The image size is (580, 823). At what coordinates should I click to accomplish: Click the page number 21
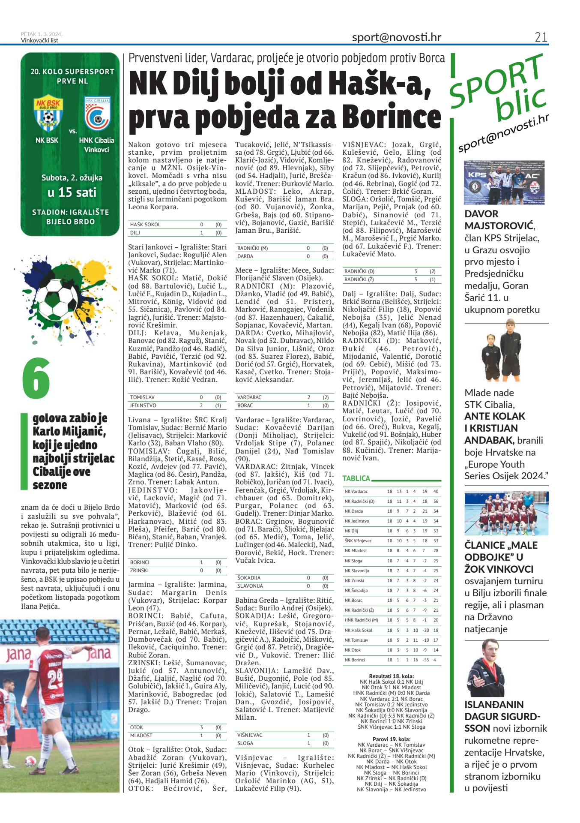click(541, 37)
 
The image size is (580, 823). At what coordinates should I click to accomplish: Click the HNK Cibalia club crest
click(97, 114)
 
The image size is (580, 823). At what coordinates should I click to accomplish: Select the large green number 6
click(36, 378)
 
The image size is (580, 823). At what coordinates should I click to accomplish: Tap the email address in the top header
click(396, 37)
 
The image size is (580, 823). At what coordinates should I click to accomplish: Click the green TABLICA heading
click(356, 478)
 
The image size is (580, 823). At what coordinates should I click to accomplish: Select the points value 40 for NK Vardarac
click(436, 492)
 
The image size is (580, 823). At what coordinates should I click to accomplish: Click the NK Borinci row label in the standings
click(355, 660)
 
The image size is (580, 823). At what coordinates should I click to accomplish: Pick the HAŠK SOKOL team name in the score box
click(145, 225)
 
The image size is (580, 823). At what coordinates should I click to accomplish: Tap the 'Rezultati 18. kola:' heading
click(391, 676)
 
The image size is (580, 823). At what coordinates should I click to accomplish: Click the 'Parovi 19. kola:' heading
click(391, 739)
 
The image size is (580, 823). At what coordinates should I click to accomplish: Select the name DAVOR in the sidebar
click(481, 214)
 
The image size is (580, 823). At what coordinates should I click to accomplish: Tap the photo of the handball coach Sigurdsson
click(486, 669)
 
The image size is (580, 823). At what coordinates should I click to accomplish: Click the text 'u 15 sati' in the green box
click(72, 192)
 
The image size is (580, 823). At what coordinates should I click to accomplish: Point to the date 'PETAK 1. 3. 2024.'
click(42, 34)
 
